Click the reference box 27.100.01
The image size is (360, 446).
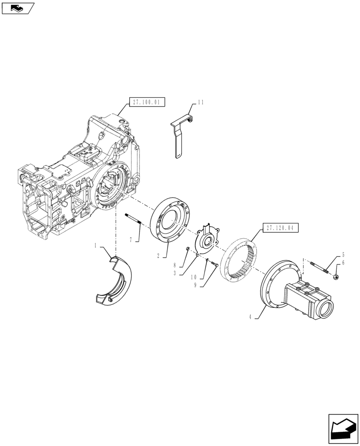coord(147,103)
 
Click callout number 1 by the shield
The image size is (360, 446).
coord(95,245)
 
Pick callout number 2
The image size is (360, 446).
coord(159,256)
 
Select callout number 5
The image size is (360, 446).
coord(343,255)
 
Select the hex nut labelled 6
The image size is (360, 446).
coord(335,277)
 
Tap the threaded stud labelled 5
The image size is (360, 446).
coord(318,268)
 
